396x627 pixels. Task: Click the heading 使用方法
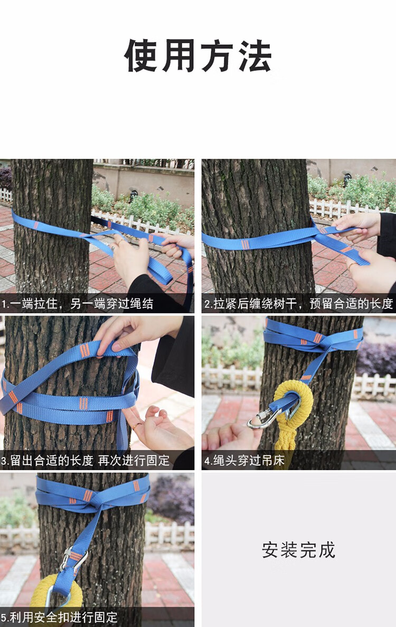coord(198,56)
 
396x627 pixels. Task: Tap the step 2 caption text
coord(299,303)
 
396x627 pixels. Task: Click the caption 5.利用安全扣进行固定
coord(59,617)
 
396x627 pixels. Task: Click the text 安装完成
coord(299,550)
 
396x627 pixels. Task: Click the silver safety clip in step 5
coord(73,559)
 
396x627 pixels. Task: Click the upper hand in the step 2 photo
coord(359,224)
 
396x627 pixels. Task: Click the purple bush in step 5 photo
coord(172,499)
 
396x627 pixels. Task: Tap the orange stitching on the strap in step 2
coord(245,244)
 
